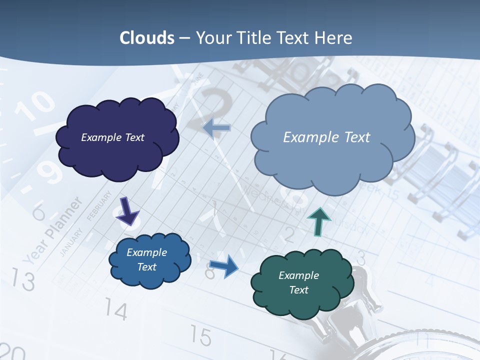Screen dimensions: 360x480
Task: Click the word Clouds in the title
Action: [147, 38]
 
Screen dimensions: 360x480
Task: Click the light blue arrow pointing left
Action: [216, 128]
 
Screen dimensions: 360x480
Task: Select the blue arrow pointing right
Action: [224, 266]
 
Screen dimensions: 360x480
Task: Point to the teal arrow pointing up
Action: [319, 221]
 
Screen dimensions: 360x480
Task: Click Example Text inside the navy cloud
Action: [112, 137]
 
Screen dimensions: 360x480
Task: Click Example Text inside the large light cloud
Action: [326, 137]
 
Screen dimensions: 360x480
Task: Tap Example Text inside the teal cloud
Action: [298, 282]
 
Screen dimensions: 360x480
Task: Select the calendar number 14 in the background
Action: [116, 311]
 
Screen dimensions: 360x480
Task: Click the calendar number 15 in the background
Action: [201, 337]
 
